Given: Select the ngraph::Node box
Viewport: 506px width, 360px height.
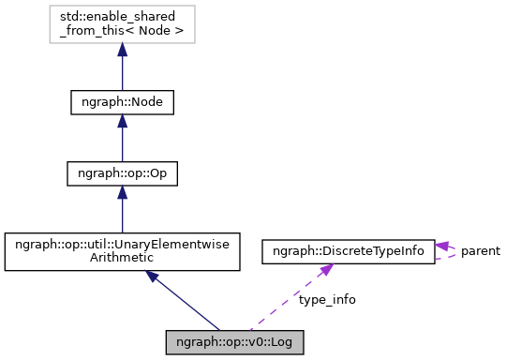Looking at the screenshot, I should point(122,101).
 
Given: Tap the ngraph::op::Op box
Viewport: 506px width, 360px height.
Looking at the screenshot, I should point(122,174).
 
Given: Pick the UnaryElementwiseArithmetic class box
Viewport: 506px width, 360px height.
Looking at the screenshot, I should point(122,253).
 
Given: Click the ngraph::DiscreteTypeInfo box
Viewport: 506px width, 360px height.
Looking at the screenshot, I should point(348,250).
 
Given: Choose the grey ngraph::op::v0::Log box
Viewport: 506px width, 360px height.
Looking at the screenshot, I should point(234,341).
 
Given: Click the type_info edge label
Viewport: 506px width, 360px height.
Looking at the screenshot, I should point(327,300).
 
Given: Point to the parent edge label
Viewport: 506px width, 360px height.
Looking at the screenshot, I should point(480,251).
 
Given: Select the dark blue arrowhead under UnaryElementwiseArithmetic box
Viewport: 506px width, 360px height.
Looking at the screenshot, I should point(153,278).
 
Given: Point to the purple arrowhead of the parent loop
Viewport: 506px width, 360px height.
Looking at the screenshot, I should point(441,247).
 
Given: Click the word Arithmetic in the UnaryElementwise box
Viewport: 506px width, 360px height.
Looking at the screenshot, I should point(122,262).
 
